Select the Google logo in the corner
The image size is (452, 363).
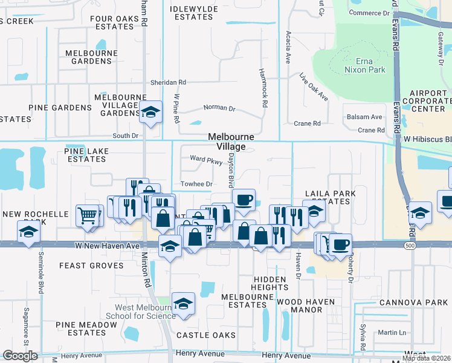20,355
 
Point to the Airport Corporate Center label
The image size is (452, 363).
427,101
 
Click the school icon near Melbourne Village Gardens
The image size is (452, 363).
150,111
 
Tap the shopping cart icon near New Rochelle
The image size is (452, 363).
88,214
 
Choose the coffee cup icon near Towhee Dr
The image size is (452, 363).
243,199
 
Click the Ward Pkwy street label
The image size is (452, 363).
202,159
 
